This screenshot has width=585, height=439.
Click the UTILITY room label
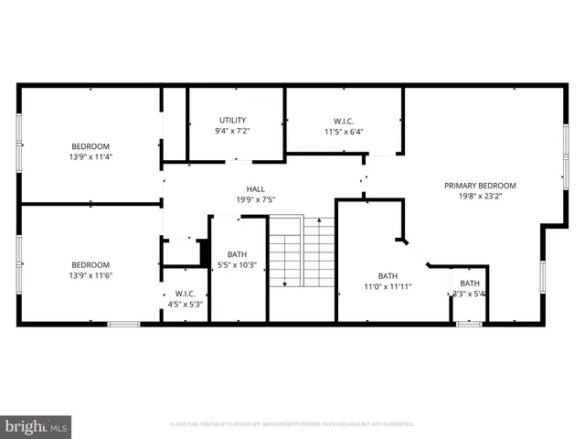point(232,120)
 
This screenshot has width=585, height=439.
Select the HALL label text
point(255,189)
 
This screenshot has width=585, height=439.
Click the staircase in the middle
point(302,251)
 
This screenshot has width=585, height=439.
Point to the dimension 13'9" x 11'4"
point(90,156)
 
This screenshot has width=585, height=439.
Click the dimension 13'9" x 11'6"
point(90,276)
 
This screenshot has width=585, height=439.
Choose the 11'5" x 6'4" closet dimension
point(343,131)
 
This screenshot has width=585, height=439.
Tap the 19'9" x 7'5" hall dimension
point(255,199)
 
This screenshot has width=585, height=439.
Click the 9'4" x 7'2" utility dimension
point(232,131)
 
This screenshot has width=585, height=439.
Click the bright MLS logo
point(37,426)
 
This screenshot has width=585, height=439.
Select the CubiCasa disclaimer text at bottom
point(292,424)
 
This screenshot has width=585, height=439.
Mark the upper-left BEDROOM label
point(90,146)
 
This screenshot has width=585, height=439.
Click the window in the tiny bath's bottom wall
point(469,324)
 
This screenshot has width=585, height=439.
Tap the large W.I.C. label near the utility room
point(343,120)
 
